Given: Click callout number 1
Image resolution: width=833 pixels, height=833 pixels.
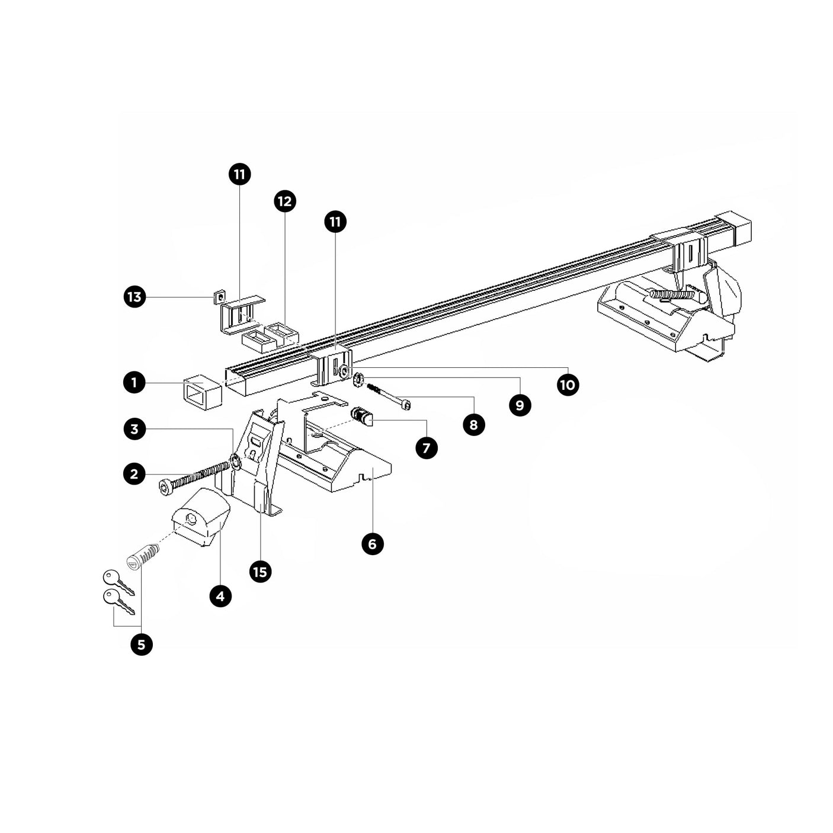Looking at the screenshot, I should (x=134, y=382).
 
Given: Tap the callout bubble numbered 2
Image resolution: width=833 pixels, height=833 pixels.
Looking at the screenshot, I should (x=134, y=473).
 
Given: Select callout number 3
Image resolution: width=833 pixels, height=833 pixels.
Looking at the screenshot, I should (x=134, y=428).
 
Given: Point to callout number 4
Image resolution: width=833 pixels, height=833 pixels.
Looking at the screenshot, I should (x=220, y=595).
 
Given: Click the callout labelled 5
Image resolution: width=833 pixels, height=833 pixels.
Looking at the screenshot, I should (x=141, y=644).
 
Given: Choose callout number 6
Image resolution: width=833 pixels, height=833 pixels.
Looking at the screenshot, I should (x=372, y=543).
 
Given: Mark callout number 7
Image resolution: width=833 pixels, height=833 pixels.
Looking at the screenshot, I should (x=426, y=447).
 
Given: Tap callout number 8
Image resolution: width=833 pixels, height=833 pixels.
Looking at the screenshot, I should (x=473, y=425).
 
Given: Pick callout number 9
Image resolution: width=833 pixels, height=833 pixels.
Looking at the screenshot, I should (x=520, y=405).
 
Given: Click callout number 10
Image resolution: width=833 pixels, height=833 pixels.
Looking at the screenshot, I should (x=567, y=385).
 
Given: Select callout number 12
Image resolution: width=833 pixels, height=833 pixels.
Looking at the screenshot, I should (x=285, y=201).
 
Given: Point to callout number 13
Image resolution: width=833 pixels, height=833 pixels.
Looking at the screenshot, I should (x=134, y=296).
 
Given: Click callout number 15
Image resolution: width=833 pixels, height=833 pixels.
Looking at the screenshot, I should (x=260, y=572).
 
